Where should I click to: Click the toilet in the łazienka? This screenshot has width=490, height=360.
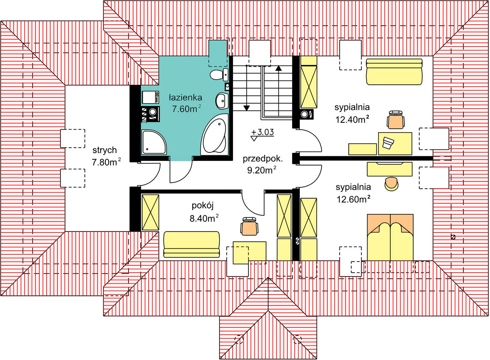coord(218,74)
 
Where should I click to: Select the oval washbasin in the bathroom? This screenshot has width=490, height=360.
coord(221,101)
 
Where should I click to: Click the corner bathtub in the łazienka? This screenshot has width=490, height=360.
coord(214,137)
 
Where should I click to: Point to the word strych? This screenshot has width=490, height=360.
coord(105,150)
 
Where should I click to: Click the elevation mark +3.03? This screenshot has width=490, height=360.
coord(263,132)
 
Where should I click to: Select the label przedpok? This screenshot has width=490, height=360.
coord(262,158)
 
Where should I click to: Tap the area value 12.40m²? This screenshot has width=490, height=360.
coord(353,120)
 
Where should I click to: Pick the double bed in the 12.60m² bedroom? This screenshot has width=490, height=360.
coord(390,237)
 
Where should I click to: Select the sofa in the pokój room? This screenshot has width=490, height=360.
coord(191,244)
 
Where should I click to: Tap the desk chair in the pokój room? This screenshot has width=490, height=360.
coord(249,226)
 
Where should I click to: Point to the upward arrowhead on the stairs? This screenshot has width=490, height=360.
coord(279,68)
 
